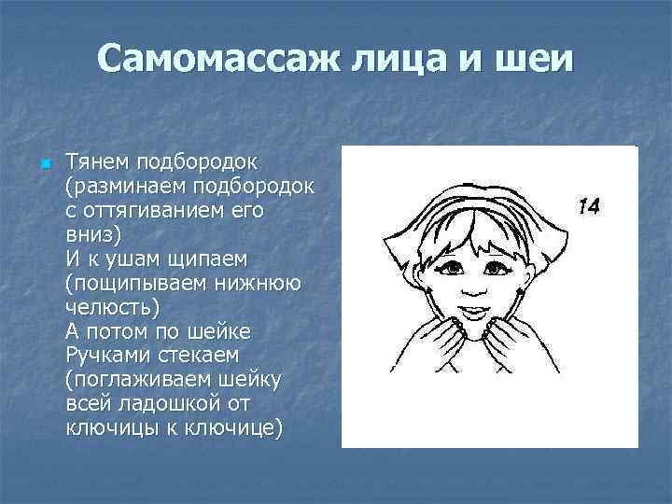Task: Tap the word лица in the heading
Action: (404, 61)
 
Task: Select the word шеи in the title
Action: (535, 61)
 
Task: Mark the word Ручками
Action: (105, 355)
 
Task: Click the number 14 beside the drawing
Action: (587, 206)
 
